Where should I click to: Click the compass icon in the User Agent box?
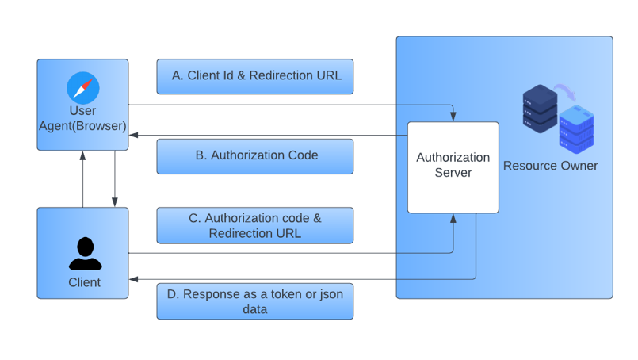tap(82, 86)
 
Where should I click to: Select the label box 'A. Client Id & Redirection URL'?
tap(254, 76)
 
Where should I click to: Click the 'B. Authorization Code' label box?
tap(254, 156)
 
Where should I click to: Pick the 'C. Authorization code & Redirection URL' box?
tap(254, 225)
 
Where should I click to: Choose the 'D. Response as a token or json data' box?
tap(254, 301)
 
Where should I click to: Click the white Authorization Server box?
tap(453, 167)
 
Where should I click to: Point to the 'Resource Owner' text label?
tap(551, 166)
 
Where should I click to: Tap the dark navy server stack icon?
tap(539, 109)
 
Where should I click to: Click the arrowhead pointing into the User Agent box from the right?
tap(133, 136)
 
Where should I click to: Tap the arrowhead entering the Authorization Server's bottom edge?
tap(453, 217)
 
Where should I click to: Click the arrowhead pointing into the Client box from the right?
tap(133, 279)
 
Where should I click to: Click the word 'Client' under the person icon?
tap(84, 282)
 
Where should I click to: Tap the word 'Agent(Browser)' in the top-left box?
tap(82, 125)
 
